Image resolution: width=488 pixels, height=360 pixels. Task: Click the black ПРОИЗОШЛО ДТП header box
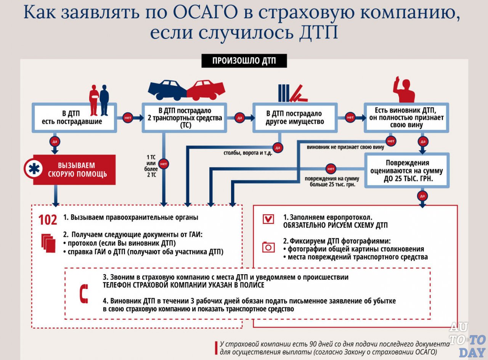[x=244, y=61]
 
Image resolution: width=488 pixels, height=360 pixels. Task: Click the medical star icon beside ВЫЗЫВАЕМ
[x=34, y=169]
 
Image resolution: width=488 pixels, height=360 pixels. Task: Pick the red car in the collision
[x=206, y=89]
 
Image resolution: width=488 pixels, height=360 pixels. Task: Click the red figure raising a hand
[x=404, y=90]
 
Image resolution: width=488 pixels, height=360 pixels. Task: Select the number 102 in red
[x=48, y=220]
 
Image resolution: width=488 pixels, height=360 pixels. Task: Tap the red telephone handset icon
[x=83, y=294]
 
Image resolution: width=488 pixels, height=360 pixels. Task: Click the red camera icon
[x=268, y=247]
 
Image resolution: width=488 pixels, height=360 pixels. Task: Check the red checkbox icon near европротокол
[x=268, y=219]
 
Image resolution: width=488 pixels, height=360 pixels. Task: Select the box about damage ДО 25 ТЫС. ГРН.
[x=407, y=170]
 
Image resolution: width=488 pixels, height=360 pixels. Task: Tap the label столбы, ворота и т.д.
[x=248, y=154]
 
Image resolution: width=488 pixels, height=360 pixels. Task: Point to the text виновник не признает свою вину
[x=345, y=147]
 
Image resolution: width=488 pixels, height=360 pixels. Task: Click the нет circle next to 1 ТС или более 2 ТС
[x=164, y=164]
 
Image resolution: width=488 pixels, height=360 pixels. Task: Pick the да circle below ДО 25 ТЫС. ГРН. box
[x=422, y=196]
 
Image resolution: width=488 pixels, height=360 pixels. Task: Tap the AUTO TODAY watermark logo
[x=467, y=339]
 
